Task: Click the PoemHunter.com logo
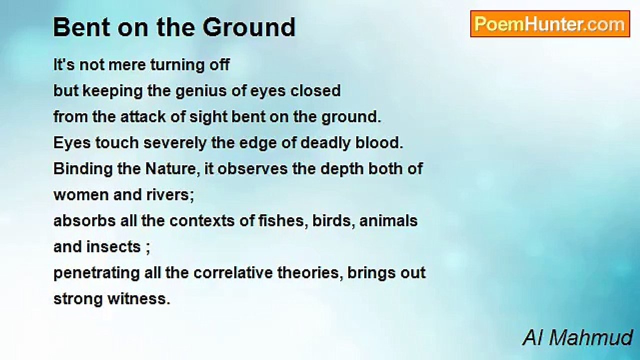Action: pos(550,24)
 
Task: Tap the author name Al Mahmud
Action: pos(577,338)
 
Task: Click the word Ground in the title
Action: pos(249,27)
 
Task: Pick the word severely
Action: pos(175,143)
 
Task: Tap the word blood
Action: pos(379,142)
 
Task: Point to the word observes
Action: pos(252,169)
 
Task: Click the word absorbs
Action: pos(84,221)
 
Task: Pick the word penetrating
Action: pos(96,273)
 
